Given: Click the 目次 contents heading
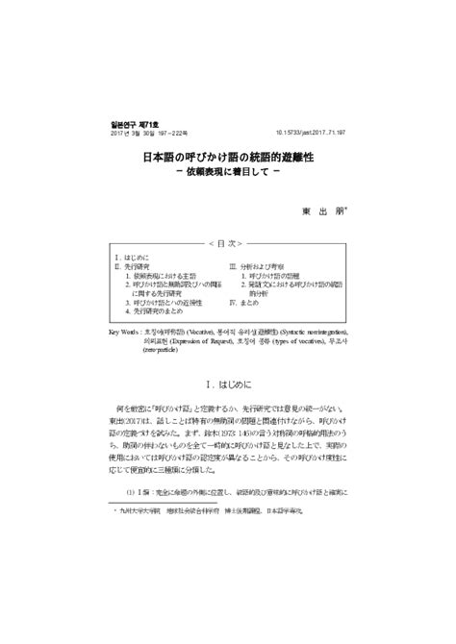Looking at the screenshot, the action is click(x=227, y=243).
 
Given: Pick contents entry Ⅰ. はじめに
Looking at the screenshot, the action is click(x=135, y=260).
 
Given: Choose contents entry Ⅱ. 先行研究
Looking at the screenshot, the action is click(x=137, y=268).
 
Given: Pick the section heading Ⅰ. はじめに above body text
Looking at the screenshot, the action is click(x=227, y=382).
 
